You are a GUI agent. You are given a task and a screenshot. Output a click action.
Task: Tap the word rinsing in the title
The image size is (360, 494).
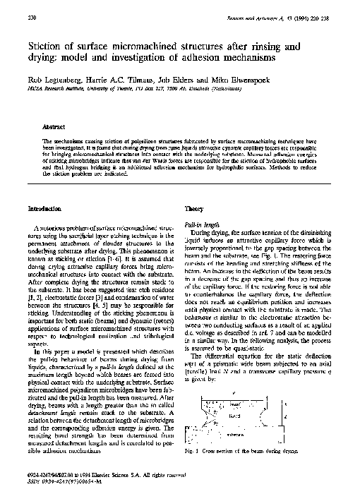(x=268, y=46)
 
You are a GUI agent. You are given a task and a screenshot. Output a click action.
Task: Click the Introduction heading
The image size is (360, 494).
(x=44, y=210)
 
